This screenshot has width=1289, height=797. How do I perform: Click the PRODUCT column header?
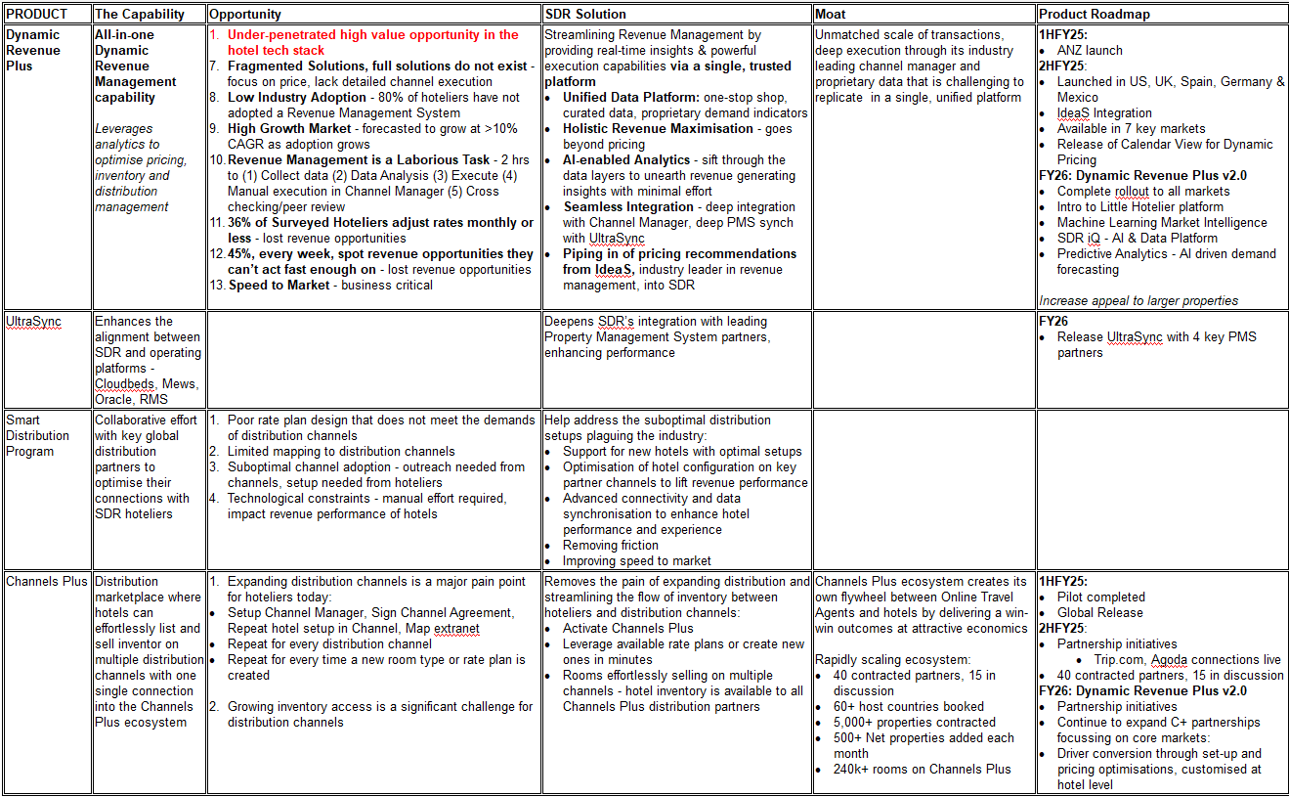(x=37, y=15)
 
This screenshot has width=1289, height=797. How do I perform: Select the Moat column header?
(x=832, y=15)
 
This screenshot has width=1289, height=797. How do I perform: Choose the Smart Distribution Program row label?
(x=37, y=435)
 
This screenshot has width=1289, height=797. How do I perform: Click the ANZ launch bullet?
(x=1090, y=50)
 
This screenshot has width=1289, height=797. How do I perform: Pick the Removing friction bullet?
(x=611, y=545)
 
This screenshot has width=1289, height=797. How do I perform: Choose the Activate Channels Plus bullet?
(x=627, y=628)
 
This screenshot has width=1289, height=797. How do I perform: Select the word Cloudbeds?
(x=126, y=383)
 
